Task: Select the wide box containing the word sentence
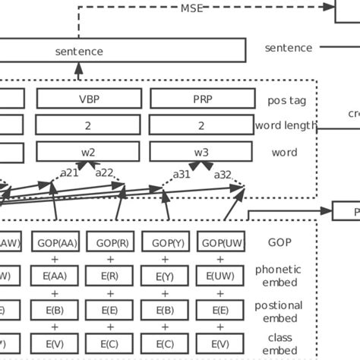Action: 122,51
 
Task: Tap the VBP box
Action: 88,99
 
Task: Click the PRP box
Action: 201,99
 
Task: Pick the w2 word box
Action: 88,152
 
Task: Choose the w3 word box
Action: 201,152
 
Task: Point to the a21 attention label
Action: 70,173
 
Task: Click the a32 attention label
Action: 223,174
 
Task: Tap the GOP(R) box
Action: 110,242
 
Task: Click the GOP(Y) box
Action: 165,242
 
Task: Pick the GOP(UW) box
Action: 219,242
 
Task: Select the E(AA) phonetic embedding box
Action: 55,275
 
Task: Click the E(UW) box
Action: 219,275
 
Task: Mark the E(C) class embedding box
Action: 110,343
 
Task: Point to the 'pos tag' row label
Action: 288,99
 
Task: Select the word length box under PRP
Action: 201,125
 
